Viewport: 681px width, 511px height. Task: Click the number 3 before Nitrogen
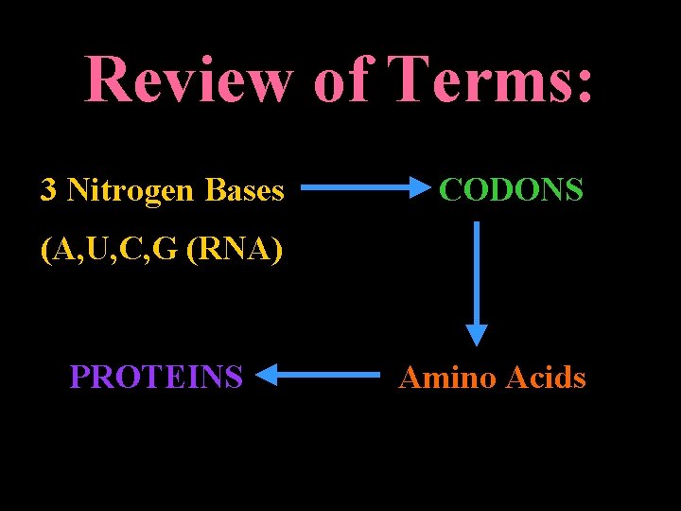pos(48,190)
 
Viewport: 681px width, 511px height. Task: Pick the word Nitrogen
pos(133,190)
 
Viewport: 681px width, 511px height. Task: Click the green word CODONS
pos(512,190)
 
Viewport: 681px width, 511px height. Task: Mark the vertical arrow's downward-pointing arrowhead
pos(477,335)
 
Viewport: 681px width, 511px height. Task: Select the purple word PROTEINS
pos(156,378)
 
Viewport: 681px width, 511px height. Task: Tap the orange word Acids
pos(546,378)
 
